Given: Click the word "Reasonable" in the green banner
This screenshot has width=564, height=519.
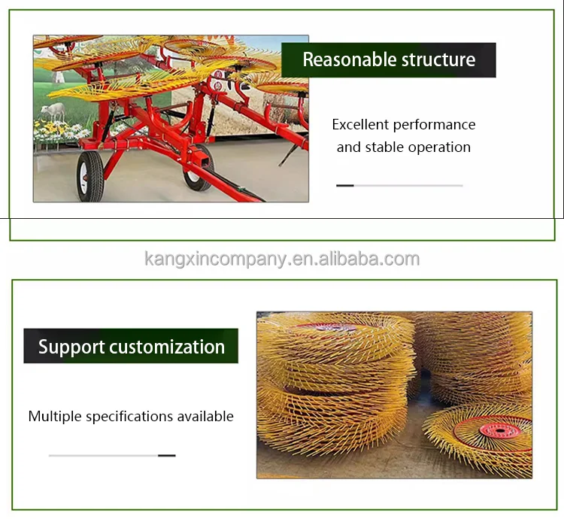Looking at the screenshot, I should pos(339,60).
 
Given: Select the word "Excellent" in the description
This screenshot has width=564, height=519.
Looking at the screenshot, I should pos(360,125).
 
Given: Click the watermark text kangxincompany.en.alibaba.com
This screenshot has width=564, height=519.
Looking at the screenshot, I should pos(282,259).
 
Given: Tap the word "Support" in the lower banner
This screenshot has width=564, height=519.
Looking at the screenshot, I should pos(71,347).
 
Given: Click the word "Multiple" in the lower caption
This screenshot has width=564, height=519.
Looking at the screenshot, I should pos(55,416).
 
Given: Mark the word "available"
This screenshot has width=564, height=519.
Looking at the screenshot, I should pos(206,416).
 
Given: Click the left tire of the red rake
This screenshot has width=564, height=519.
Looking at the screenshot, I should pos(89,175).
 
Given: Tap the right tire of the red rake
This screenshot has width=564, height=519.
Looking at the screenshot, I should pos(199,170).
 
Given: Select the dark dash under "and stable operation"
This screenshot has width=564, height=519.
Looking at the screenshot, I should pos(345,185).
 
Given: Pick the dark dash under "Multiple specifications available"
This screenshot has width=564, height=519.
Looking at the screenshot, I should pos(166,455).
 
